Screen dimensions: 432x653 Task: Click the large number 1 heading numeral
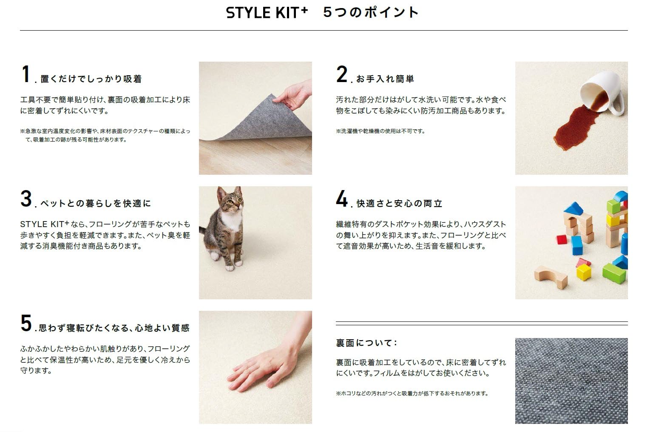pyautogui.click(x=26, y=74)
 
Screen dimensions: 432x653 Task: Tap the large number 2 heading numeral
pyautogui.click(x=342, y=74)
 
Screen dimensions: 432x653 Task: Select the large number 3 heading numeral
pyautogui.click(x=26, y=199)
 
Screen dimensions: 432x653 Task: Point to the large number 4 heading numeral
pyautogui.click(x=342, y=199)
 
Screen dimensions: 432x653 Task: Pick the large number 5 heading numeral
pyautogui.click(x=26, y=324)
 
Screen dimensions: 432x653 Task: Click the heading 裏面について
pyautogui.click(x=366, y=343)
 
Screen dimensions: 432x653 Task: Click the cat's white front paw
pyautogui.click(x=230, y=266)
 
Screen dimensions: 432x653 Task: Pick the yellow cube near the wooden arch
pyautogui.click(x=584, y=272)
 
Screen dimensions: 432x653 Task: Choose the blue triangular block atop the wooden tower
pyautogui.click(x=574, y=208)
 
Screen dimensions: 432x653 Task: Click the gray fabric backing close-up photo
pyautogui.click(x=571, y=381)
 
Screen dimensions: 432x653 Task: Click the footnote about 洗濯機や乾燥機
pyautogui.click(x=380, y=131)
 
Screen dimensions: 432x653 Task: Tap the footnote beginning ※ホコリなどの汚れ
pyautogui.click(x=412, y=394)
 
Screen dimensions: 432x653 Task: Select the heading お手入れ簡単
pyautogui.click(x=385, y=79)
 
